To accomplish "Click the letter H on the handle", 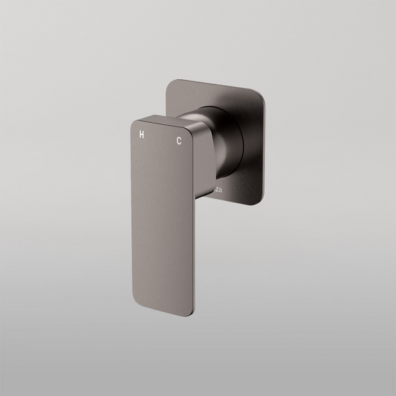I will click(x=140, y=135).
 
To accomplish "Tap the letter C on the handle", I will click(x=178, y=140).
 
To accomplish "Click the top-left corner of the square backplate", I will click(x=169, y=83).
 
